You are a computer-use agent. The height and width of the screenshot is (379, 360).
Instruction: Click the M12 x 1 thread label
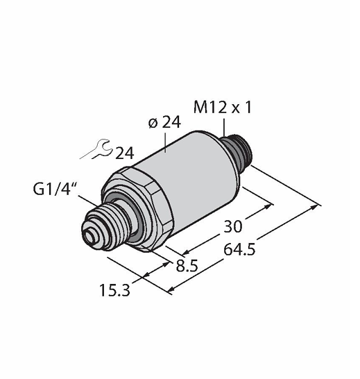point(223,108)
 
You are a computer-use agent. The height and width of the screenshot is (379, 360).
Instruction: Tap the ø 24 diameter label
point(165,122)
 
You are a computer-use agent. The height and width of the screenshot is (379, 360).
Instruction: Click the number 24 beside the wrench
point(125,153)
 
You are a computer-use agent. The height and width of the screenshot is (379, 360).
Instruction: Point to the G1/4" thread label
point(54,189)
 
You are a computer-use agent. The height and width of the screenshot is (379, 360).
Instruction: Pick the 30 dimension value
point(232,227)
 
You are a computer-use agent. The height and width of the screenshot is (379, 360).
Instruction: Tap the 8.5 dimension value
point(187,266)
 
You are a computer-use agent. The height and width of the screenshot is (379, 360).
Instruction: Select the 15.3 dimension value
point(114,290)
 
